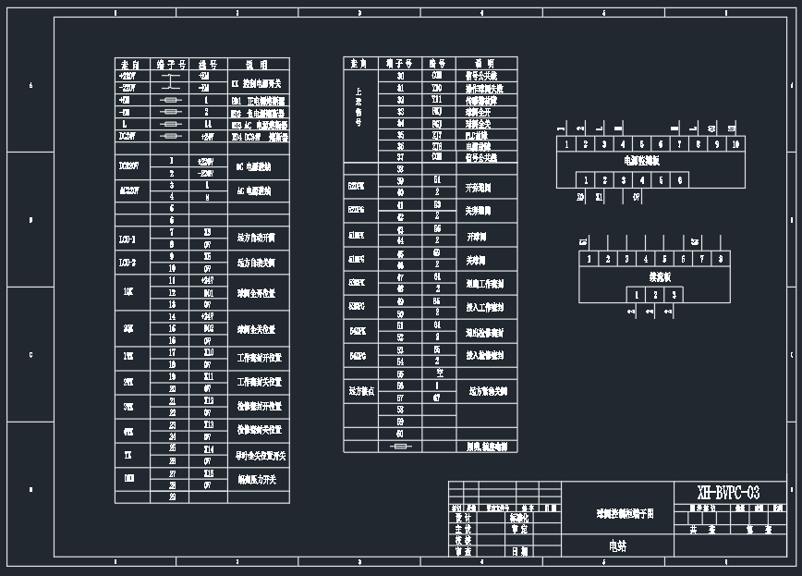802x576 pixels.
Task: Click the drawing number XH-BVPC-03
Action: [x=729, y=492]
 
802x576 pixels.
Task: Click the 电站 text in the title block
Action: [x=616, y=546]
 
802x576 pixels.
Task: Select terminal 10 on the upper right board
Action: [x=735, y=144]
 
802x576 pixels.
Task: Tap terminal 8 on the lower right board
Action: [x=720, y=259]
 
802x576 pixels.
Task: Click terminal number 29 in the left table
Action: [x=172, y=496]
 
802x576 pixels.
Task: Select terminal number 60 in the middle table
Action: [x=400, y=433]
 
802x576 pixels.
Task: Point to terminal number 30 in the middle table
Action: [x=400, y=75]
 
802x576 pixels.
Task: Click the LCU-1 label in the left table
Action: [x=128, y=239]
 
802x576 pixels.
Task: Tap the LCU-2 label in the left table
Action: [x=128, y=262]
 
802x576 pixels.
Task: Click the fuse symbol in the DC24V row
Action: [x=171, y=136]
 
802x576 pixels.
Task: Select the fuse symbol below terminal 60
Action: [x=400, y=446]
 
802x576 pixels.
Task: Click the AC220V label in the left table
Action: [x=128, y=190]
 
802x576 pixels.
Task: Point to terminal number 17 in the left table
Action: [x=172, y=352]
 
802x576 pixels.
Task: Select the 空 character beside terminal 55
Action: [x=439, y=373]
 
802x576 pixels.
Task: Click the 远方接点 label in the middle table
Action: [x=361, y=391]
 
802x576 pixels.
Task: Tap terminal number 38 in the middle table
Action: [x=400, y=169]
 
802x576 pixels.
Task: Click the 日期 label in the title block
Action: [x=519, y=551]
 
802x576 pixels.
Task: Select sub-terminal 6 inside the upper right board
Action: [x=680, y=180]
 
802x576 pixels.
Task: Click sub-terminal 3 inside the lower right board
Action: [x=674, y=295]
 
